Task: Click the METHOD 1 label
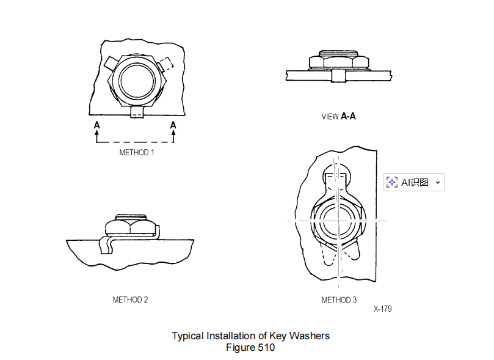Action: tap(136, 152)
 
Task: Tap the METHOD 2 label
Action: tap(130, 299)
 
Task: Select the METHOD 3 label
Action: tap(339, 299)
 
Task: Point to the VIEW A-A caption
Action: tap(338, 116)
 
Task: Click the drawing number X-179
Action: tap(382, 309)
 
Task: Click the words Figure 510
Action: tap(250, 348)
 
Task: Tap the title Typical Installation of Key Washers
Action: tap(250, 336)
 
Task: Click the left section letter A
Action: tap(96, 125)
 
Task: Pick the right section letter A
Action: tap(173, 125)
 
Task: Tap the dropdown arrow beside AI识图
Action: tap(437, 182)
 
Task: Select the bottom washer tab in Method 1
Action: tap(138, 112)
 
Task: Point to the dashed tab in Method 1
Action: tap(164, 64)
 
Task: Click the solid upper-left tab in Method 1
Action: tap(110, 62)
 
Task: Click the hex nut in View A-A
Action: tap(339, 61)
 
